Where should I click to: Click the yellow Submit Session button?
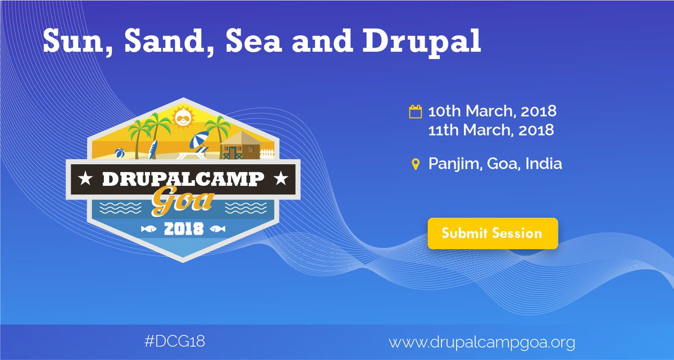(492, 233)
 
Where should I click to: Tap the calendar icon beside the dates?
(415, 111)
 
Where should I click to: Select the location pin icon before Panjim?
(415, 164)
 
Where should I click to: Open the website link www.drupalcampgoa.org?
(482, 341)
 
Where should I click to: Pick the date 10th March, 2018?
(492, 111)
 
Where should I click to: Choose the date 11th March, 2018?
(491, 130)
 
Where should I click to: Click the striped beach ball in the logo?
(120, 153)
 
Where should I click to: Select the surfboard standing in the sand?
(151, 149)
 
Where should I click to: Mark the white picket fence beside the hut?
(268, 153)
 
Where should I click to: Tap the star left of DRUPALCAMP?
(85, 180)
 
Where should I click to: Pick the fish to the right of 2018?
(218, 229)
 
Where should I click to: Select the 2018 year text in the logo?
(183, 230)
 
